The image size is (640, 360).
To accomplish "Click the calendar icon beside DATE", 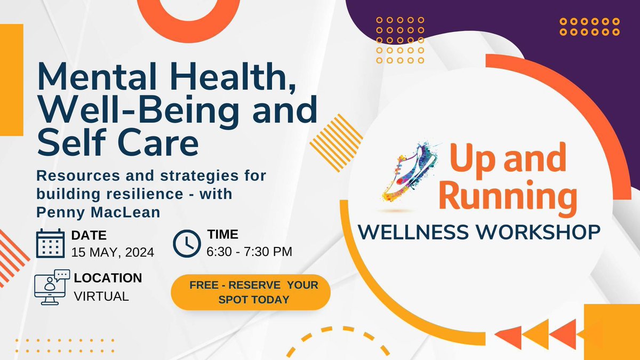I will click(50, 244).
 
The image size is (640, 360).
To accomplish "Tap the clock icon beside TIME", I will click(187, 243).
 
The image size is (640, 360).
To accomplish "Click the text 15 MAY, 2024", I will click(113, 252).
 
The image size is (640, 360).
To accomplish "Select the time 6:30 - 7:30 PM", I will click(249, 252).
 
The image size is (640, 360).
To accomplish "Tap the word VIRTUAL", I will click(101, 297).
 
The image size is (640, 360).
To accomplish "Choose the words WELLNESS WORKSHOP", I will click(479, 232).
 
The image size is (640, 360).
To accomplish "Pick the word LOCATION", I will click(108, 278).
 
